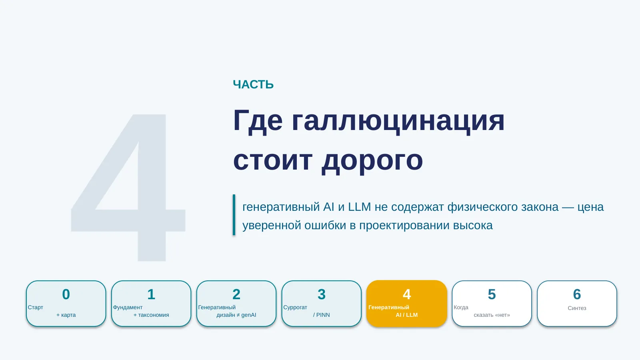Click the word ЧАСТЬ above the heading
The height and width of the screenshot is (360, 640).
[x=253, y=84]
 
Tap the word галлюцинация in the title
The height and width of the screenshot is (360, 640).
[x=398, y=122]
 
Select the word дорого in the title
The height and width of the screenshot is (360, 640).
[x=372, y=161]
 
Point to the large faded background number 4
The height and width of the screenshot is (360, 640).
[x=128, y=188]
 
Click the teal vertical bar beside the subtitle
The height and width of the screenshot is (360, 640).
[x=234, y=215]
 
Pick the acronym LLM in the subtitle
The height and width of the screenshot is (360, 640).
[x=359, y=207]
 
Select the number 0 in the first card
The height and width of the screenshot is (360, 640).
[x=66, y=294]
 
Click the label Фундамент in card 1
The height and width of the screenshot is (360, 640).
[x=128, y=308]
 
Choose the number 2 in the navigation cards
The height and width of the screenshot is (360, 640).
[x=236, y=294]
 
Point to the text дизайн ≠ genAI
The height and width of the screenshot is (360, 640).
[x=236, y=315]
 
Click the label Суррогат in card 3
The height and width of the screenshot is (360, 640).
[x=295, y=308]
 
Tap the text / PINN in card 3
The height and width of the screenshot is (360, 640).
[x=322, y=315]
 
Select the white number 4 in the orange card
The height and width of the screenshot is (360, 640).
[x=406, y=294]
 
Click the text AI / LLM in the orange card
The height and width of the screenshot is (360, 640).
[x=406, y=315]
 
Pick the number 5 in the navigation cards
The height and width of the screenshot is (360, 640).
[x=492, y=294]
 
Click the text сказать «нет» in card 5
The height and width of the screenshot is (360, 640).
[x=492, y=315]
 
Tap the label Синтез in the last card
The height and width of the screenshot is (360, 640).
[x=577, y=308]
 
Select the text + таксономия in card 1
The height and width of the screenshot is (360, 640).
[x=151, y=315]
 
